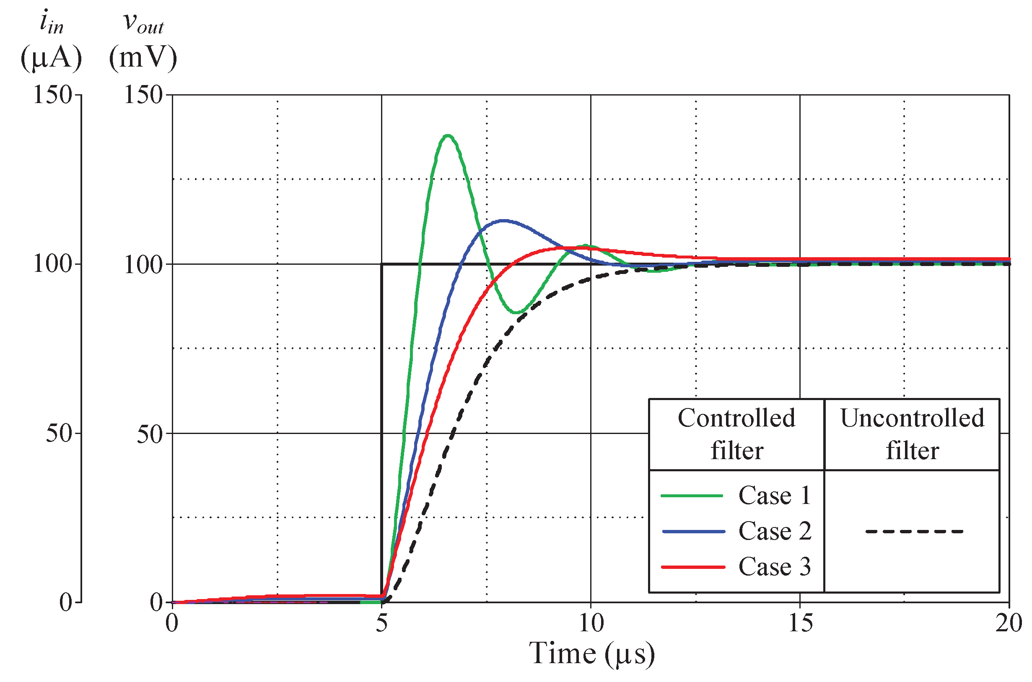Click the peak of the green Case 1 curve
point(448,136)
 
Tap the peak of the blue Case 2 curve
point(503,220)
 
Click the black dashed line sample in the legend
point(914,532)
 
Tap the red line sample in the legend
point(692,567)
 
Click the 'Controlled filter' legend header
point(736,434)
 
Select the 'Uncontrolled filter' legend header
point(912,434)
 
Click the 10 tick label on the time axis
point(591,624)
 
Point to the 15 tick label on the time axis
point(800,624)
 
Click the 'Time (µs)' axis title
point(592,654)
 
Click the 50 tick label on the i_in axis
point(58,433)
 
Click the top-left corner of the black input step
point(382,264)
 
